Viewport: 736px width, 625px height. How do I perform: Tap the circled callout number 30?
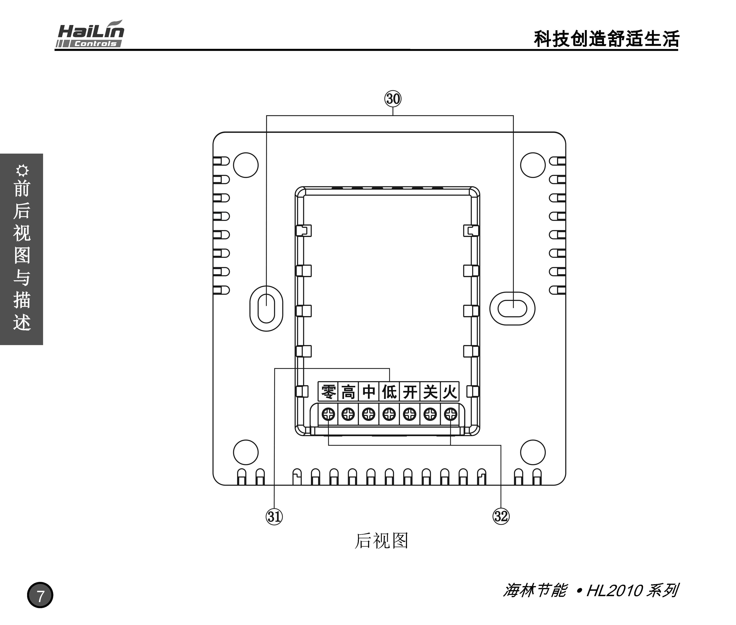[393, 99]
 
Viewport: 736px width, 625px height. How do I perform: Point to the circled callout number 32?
[501, 516]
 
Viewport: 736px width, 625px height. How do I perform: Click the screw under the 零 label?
[328, 414]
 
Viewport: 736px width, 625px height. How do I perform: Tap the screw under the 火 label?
[451, 414]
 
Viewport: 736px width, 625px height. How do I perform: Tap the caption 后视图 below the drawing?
[381, 541]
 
